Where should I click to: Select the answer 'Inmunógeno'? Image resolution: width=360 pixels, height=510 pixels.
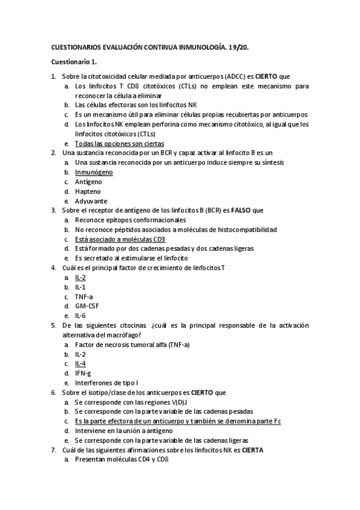click(94, 172)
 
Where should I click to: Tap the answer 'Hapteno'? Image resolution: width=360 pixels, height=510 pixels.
click(88, 191)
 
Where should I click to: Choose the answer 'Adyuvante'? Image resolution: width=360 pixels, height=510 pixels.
click(91, 200)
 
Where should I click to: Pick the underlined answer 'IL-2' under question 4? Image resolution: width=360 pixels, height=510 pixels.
click(81, 278)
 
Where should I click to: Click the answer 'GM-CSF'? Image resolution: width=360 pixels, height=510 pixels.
click(87, 306)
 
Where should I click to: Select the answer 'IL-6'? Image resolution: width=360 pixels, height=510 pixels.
click(81, 315)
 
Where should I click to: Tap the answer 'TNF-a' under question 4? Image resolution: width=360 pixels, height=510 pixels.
click(84, 296)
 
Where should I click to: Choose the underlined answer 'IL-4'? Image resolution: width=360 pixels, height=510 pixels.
click(81, 363)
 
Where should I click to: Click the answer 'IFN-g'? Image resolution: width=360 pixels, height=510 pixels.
click(83, 373)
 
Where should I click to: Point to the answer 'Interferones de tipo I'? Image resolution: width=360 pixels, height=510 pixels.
click(106, 382)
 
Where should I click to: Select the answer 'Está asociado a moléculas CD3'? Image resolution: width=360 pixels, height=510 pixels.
click(120, 239)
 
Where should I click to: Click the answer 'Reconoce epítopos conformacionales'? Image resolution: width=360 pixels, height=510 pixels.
click(126, 220)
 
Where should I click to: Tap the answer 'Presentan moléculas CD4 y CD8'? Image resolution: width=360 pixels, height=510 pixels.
click(121, 459)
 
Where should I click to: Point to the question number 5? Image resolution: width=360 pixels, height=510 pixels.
click(53, 325)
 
